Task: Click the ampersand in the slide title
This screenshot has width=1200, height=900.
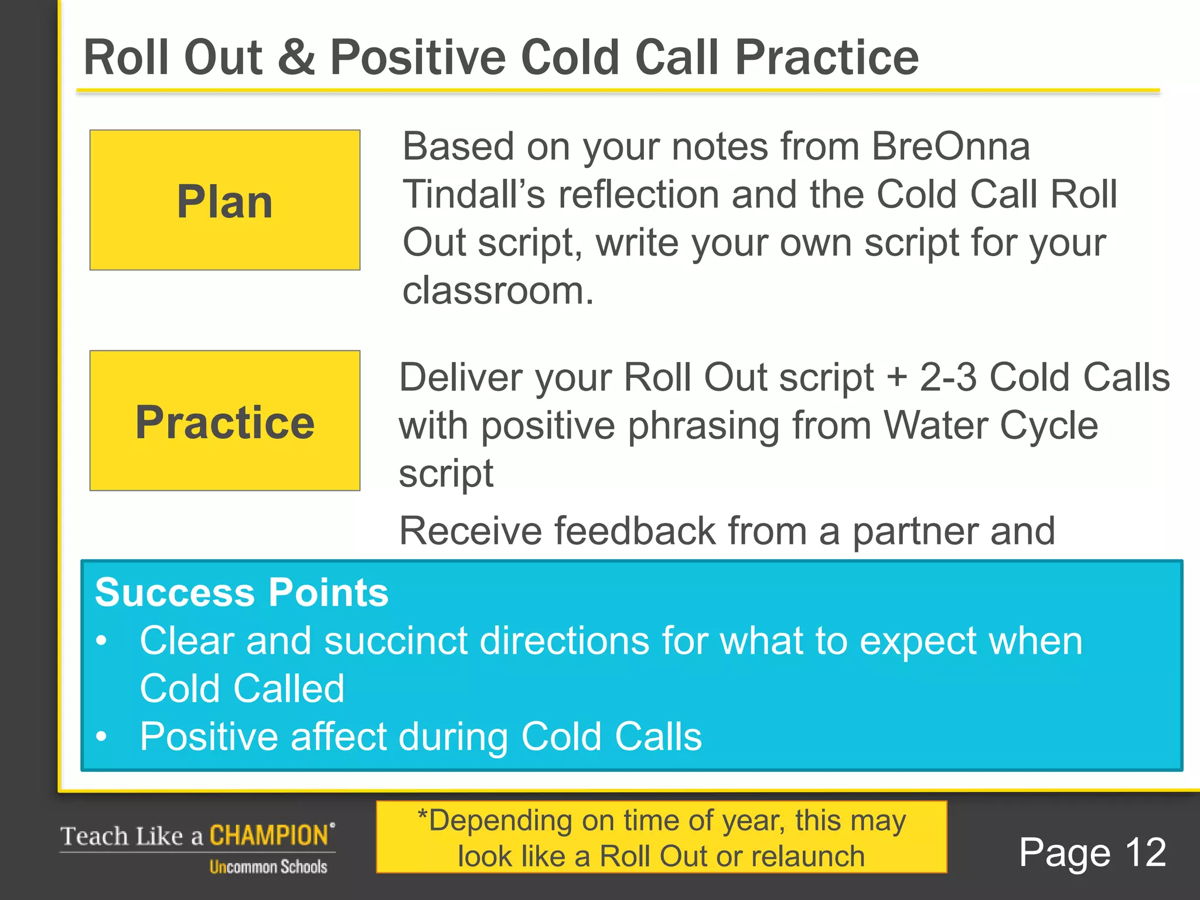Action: [x=296, y=57]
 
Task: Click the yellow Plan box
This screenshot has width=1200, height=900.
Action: [x=224, y=200]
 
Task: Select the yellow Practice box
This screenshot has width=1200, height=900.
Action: [x=224, y=421]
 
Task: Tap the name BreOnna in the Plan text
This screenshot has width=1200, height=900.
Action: [x=950, y=146]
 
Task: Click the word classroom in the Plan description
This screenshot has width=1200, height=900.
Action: [x=497, y=291]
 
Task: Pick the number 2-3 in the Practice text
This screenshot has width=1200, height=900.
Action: [x=948, y=377]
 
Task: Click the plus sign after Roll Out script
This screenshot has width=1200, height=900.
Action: [x=897, y=378]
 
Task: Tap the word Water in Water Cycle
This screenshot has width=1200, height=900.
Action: [x=935, y=425]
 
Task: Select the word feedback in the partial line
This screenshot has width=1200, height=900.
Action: [x=635, y=531]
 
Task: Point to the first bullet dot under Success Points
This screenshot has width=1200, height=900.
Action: [x=102, y=642]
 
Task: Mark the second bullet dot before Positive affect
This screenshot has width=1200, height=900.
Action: [x=102, y=737]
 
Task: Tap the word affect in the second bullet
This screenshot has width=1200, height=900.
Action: [x=337, y=737]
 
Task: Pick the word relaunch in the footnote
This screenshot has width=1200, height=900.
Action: [x=808, y=857]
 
